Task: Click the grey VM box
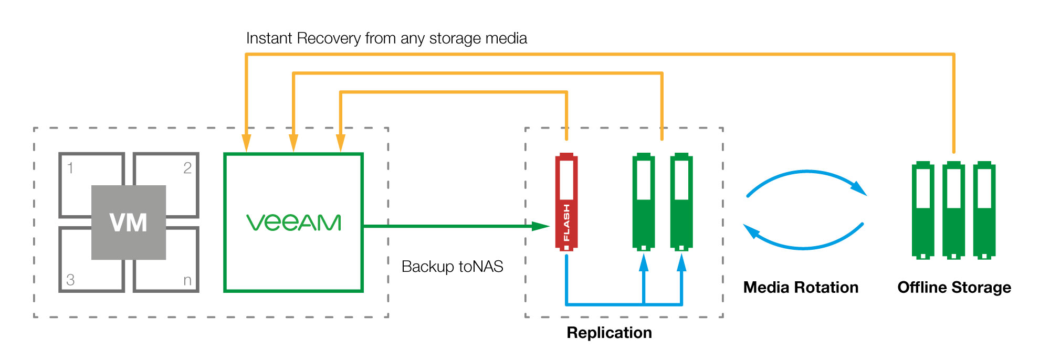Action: pyautogui.click(x=129, y=222)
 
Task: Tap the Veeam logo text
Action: pyautogui.click(x=293, y=223)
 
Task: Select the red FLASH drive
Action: pyautogui.click(x=566, y=202)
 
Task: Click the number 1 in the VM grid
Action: pyautogui.click(x=70, y=168)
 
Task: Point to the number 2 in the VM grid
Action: pyautogui.click(x=187, y=168)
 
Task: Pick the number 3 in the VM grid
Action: pyautogui.click(x=70, y=280)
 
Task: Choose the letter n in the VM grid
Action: pyautogui.click(x=187, y=280)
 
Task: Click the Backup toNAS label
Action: pyautogui.click(x=452, y=267)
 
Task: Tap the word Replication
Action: pyautogui.click(x=609, y=333)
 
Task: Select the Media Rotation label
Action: pyautogui.click(x=801, y=288)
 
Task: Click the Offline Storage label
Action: pyautogui.click(x=954, y=288)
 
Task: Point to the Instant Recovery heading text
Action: pyautogui.click(x=386, y=38)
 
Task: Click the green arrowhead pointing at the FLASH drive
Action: pyautogui.click(x=541, y=226)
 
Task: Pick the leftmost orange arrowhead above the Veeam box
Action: pyautogui.click(x=246, y=143)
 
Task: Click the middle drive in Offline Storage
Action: pyautogui.click(x=953, y=210)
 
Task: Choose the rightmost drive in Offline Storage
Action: pyautogui.click(x=984, y=210)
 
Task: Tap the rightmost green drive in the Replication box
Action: pyautogui.click(x=681, y=202)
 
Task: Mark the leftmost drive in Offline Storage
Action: pyautogui.click(x=923, y=210)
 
